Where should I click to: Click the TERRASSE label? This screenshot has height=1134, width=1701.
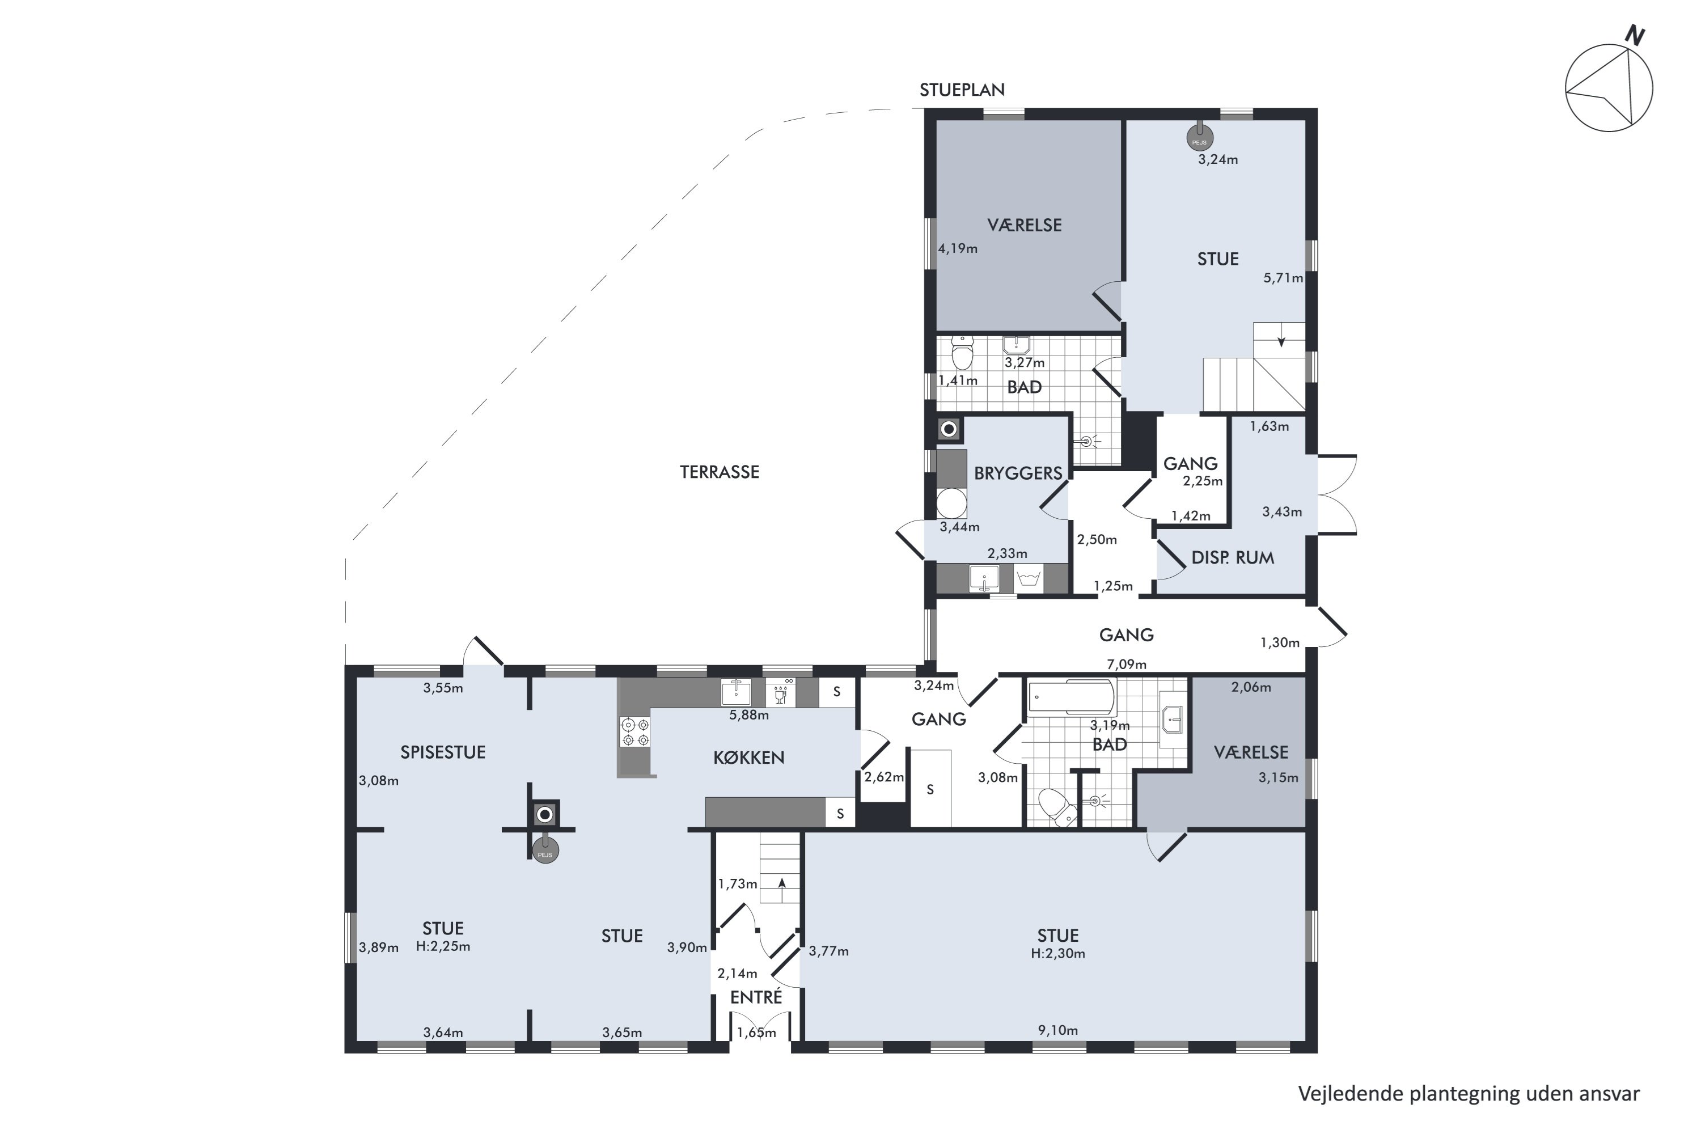[719, 472]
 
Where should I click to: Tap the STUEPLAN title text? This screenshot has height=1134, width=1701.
[962, 90]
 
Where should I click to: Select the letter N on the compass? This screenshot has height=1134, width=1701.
[1635, 35]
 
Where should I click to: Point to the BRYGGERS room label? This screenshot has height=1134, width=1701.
[1018, 473]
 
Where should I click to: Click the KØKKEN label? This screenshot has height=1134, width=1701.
[748, 757]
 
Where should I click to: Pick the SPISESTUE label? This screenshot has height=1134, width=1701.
[443, 752]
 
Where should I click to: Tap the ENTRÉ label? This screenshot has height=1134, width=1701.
[756, 997]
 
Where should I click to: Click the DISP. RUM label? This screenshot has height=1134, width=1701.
[1232, 557]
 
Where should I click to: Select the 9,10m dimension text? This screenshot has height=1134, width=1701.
[1058, 1030]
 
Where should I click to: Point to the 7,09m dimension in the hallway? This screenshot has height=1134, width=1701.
[1126, 664]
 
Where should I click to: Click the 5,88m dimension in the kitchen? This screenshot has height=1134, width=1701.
[748, 715]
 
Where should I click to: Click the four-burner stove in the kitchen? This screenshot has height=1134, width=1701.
[634, 731]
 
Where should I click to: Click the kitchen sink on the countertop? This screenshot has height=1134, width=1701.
[735, 693]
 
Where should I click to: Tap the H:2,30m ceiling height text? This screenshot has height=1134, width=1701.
[1058, 953]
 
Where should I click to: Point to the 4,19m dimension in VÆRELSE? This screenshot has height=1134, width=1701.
[958, 249]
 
